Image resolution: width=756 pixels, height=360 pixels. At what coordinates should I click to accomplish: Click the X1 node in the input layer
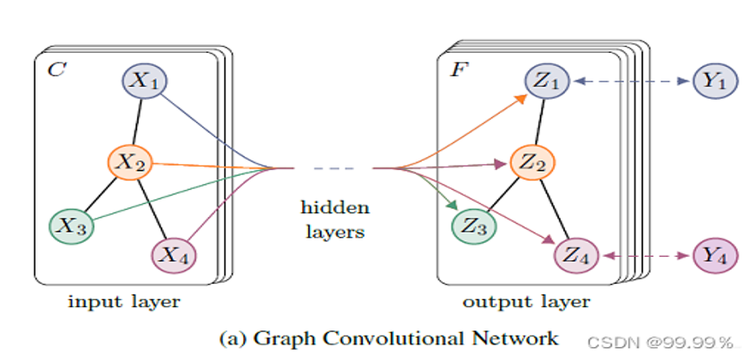143,82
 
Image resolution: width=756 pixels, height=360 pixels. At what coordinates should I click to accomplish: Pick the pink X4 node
174,255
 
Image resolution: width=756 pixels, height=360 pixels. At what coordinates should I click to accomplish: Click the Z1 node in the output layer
546,82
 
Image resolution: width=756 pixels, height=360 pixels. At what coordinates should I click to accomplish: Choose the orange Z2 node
532,160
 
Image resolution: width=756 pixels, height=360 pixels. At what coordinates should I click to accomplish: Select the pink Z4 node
576,255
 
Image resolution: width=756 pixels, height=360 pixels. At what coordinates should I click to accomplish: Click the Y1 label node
715,82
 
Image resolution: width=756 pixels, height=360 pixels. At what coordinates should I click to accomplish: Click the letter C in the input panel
56,69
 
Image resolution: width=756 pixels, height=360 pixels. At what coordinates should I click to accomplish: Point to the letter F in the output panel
457,69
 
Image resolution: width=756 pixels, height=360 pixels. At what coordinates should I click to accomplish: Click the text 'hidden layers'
335,219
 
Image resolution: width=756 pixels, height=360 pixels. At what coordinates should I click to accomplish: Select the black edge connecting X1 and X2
137,121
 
